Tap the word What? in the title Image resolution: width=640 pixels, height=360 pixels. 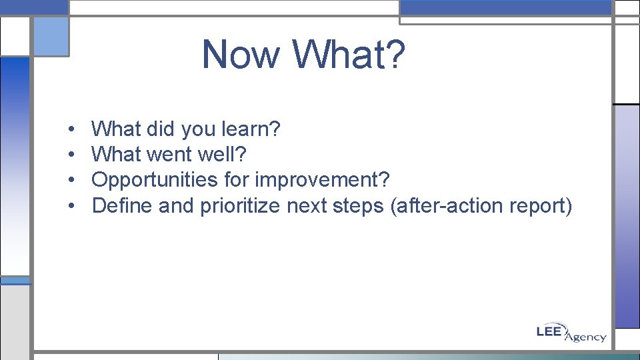tap(348, 54)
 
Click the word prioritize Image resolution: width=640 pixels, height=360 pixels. tap(240, 206)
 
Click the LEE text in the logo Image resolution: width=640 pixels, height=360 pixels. tap(551, 330)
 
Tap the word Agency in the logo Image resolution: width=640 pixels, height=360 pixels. tap(585, 337)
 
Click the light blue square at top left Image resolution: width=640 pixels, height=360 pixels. tap(51, 36)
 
